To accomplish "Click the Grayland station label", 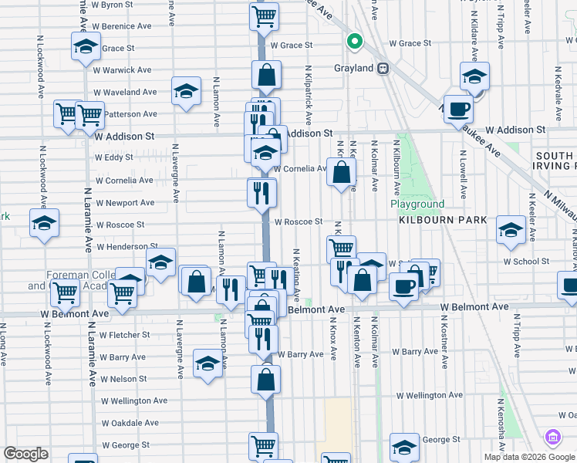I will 353,68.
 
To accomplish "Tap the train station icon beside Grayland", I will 382,68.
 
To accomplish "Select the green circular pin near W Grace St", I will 355,42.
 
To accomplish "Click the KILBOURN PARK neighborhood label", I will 443,220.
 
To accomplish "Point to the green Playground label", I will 417,204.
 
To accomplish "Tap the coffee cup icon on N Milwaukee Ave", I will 458,109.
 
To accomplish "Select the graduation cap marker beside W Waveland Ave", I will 186,92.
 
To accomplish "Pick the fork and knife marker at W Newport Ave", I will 262,191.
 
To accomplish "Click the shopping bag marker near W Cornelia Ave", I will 341,172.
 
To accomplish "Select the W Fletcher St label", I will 124,335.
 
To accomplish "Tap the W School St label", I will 526,261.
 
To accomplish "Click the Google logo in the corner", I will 25,454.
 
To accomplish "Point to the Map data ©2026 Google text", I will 529,457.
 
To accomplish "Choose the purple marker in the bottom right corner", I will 553,438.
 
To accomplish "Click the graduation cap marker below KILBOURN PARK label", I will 510,230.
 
